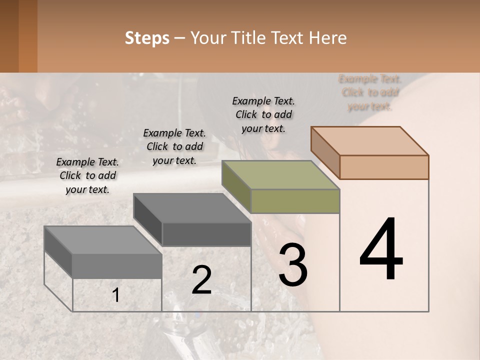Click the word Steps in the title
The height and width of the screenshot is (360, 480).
(147, 38)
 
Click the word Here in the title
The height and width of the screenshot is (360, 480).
(328, 38)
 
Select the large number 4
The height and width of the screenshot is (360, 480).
(381, 250)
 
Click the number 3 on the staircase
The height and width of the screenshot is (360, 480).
(293, 265)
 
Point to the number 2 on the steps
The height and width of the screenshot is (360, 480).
(201, 280)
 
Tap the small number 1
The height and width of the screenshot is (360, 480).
(115, 295)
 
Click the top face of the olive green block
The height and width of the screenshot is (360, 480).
(280, 175)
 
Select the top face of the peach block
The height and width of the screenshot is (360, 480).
(369, 140)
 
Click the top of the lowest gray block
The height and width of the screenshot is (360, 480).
(102, 240)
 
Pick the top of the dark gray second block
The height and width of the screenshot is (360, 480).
(191, 207)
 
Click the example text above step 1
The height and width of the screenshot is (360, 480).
(87, 175)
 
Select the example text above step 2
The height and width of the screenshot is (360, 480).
(174, 146)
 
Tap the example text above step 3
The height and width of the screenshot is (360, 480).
(263, 114)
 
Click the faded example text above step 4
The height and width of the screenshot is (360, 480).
(370, 92)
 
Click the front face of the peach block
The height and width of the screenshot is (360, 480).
(384, 167)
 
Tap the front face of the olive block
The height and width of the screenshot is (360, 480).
(295, 201)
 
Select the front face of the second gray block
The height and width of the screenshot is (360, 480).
(206, 234)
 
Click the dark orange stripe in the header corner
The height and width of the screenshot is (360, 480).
(27, 36)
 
